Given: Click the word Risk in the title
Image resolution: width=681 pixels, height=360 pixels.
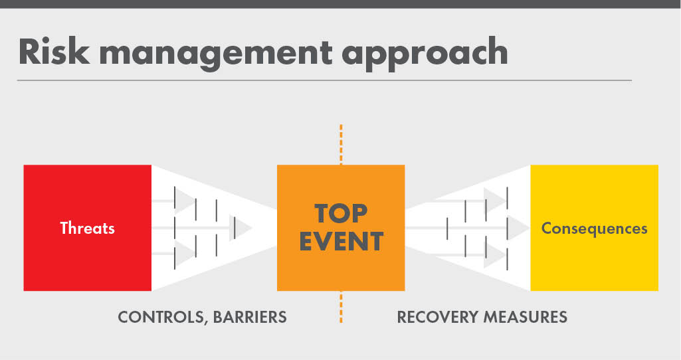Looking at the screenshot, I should [51, 52].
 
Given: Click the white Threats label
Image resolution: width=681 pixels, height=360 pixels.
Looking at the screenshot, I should [87, 228].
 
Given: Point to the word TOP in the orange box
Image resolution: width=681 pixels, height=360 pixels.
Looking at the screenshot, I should [340, 213].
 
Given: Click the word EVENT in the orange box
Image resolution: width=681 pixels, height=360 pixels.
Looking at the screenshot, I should [341, 241].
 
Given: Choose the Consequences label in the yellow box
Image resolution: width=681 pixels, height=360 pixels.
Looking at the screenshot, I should [594, 228].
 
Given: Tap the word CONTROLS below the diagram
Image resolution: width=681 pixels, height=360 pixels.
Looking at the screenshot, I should [159, 317].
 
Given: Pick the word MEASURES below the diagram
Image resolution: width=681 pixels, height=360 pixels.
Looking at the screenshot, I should [526, 317].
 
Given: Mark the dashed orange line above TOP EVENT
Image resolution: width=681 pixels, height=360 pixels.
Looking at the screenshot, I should [341, 143].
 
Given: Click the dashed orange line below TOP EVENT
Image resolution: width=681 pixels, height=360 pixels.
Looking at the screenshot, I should [341, 307].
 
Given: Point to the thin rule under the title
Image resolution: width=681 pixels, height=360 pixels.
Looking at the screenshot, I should [324, 80].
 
